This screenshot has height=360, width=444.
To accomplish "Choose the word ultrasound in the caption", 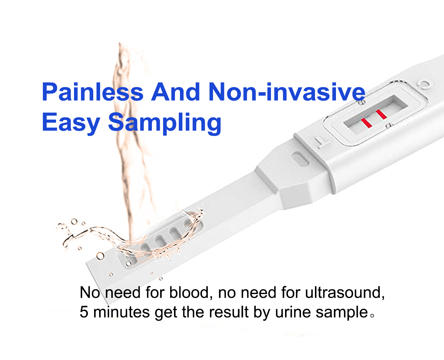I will tap(345, 292).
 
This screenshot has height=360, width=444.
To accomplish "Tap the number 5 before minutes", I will tap(84, 312).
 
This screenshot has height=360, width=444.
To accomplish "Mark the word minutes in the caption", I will tap(121, 312).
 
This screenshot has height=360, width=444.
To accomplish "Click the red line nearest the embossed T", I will tap(366, 123).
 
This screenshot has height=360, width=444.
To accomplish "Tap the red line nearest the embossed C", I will tap(381, 114).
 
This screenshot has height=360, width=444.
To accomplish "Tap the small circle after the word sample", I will tap(372, 316).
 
